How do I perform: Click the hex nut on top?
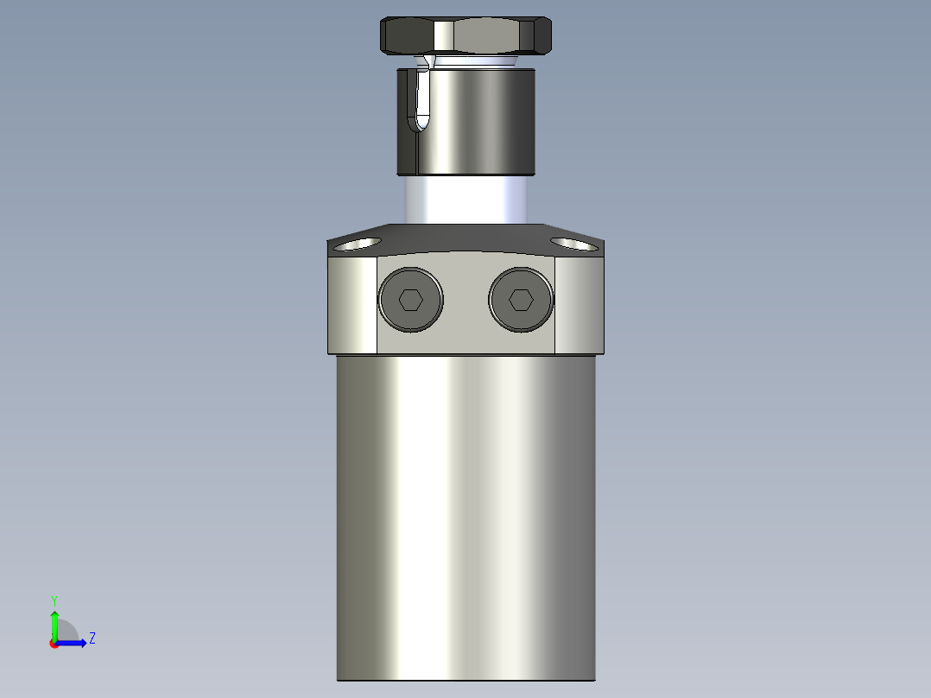[x=465, y=35]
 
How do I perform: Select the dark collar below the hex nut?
[x=484, y=121]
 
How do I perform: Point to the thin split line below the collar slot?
[x=415, y=151]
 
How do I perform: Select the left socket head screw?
[x=410, y=300]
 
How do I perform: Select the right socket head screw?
[x=520, y=300]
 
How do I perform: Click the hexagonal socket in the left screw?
[x=410, y=300]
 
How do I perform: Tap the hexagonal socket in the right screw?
[x=520, y=300]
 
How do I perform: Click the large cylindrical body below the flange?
[x=465, y=518]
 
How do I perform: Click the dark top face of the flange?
[x=465, y=238]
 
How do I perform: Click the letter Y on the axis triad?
[x=54, y=600]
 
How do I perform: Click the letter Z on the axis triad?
[x=92, y=638]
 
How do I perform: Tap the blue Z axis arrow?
[x=73, y=643]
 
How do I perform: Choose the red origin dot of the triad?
[x=54, y=644]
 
